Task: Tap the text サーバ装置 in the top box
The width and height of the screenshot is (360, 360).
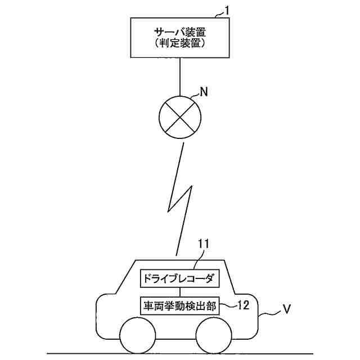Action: [179, 32]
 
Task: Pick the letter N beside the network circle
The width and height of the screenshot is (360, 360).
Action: [204, 93]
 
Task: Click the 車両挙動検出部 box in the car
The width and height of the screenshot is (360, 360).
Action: [179, 305]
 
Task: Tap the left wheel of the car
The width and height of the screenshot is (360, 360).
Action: [138, 335]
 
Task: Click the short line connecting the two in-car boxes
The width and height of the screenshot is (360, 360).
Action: [179, 292]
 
